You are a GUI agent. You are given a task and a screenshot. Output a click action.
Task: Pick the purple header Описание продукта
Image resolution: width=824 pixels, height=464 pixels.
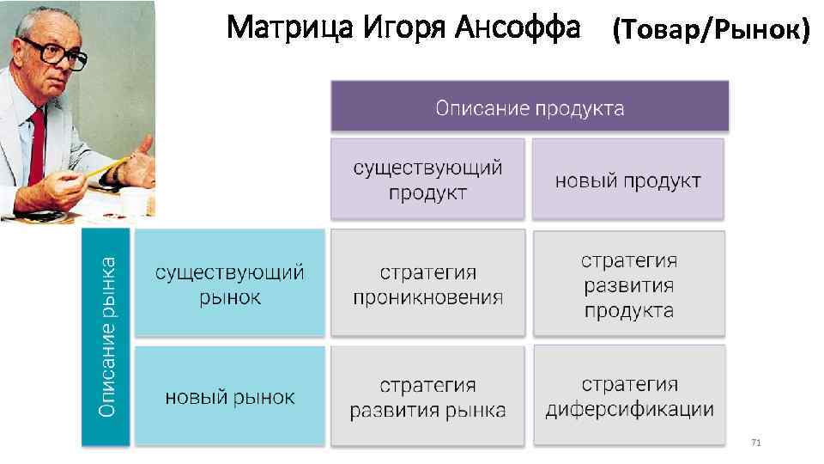point(530,107)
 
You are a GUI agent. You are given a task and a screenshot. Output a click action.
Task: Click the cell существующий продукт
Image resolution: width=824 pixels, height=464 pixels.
point(427,179)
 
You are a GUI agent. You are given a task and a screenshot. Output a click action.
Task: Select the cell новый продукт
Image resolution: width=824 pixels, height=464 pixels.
point(627,180)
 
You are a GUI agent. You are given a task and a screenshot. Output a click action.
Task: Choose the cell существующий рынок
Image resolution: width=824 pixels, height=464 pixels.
point(229,284)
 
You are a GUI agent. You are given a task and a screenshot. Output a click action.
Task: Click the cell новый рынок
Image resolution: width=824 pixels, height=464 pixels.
point(229,396)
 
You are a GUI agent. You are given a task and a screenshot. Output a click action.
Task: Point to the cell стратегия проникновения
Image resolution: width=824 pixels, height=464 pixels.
point(427,284)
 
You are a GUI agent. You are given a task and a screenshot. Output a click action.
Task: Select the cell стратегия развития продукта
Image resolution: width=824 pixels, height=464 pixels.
point(628,284)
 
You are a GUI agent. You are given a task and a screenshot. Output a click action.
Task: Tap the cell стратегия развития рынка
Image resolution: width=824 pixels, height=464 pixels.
point(427,396)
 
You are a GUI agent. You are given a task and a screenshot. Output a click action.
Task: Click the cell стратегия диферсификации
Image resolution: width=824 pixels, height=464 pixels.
point(628,396)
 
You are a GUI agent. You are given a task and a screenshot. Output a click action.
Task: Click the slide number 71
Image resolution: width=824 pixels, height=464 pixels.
point(755,442)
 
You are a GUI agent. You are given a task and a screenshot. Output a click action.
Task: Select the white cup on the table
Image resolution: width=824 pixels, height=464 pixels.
point(136,203)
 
